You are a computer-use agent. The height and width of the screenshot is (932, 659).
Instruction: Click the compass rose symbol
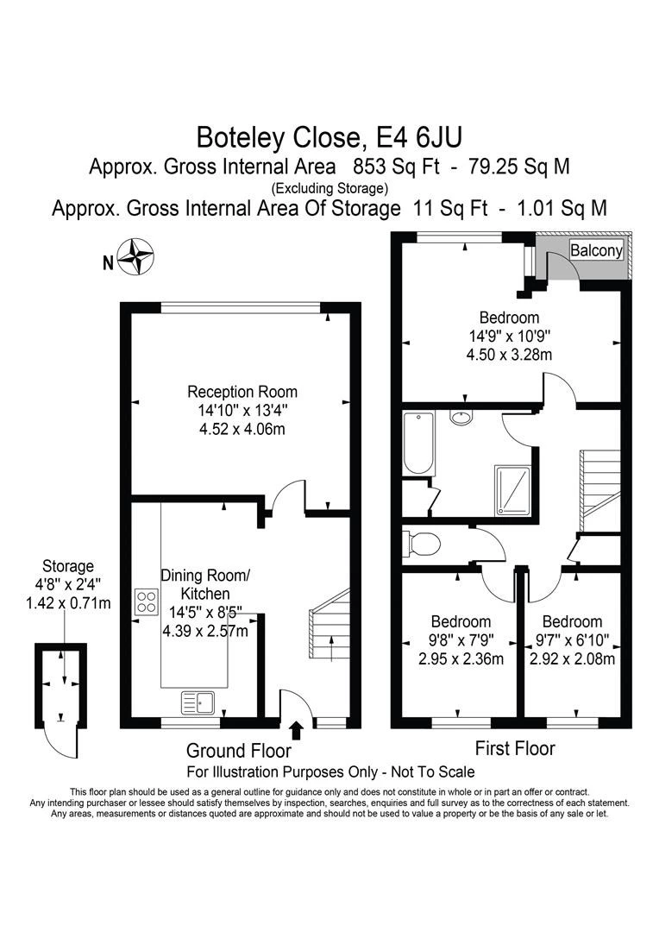click(135, 256)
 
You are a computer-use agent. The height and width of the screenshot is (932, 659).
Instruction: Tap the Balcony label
click(596, 250)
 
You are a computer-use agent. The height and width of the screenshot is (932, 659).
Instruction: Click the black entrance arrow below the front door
click(297, 729)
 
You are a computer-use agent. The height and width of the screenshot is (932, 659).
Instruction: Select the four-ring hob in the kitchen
click(147, 601)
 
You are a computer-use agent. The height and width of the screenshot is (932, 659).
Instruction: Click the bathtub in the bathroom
click(418, 443)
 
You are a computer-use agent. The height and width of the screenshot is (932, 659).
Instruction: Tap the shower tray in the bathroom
click(512, 490)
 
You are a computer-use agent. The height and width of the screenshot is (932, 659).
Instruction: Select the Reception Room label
click(242, 392)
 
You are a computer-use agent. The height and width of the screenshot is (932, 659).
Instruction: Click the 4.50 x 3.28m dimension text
click(509, 355)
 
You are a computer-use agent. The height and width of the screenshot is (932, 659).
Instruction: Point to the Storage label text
click(68, 566)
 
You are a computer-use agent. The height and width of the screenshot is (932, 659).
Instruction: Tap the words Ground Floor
click(239, 751)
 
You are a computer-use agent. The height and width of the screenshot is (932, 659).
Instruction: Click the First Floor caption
click(515, 748)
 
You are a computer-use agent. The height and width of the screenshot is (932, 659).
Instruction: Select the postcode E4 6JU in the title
click(420, 138)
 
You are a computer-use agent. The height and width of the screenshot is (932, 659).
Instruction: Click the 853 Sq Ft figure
click(397, 167)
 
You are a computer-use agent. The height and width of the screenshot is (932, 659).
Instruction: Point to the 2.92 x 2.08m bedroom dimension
click(572, 659)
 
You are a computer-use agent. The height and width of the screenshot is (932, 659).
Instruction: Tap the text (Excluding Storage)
click(329, 188)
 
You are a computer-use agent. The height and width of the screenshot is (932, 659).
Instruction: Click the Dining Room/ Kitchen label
click(205, 584)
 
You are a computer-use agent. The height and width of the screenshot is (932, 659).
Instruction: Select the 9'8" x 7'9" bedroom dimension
click(461, 640)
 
